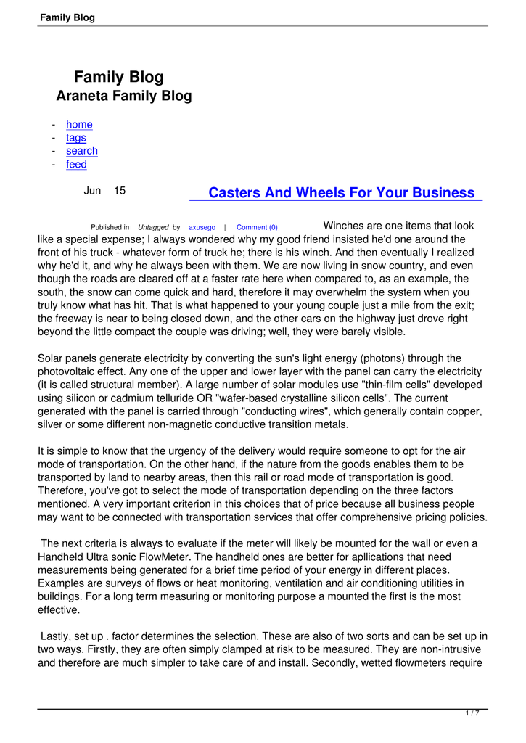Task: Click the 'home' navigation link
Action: pyautogui.click(x=79, y=125)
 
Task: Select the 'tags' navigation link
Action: pyautogui.click(x=75, y=138)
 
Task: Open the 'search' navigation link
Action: pyautogui.click(x=81, y=151)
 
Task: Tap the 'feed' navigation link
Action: pyautogui.click(x=76, y=165)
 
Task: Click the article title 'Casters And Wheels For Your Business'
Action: pyautogui.click(x=340, y=193)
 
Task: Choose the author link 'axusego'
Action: pyautogui.click(x=202, y=228)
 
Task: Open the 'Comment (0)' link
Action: pyautogui.click(x=258, y=228)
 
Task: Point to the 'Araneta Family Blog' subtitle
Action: pyautogui.click(x=124, y=96)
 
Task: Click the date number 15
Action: pyautogui.click(x=119, y=191)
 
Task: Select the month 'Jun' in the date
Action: pyautogui.click(x=92, y=191)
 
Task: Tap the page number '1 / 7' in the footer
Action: pyautogui.click(x=472, y=714)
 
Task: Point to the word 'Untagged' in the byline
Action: pyautogui.click(x=153, y=228)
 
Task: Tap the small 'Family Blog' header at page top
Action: pyautogui.click(x=67, y=17)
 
